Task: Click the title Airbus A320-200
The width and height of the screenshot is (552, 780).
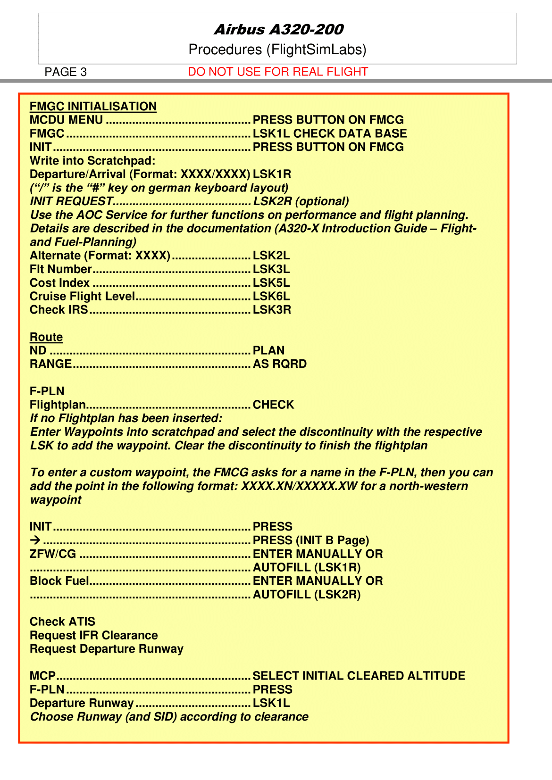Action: tap(278, 30)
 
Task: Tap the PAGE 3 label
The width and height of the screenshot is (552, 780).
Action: tap(66, 72)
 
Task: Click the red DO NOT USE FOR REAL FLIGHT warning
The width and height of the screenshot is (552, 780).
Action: tap(277, 72)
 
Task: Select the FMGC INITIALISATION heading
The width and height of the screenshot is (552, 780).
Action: tap(93, 107)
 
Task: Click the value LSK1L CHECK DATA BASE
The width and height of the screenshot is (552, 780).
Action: tap(329, 133)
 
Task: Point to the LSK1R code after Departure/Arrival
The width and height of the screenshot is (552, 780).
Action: tap(272, 174)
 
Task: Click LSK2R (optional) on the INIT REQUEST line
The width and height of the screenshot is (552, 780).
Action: tap(301, 201)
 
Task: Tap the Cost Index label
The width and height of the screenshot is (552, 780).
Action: tap(59, 283)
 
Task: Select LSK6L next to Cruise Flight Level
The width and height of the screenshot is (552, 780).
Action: tap(271, 297)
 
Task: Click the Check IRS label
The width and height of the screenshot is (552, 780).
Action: tap(59, 310)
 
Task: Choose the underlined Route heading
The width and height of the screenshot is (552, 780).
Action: tap(46, 337)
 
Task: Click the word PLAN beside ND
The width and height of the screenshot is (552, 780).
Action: tap(268, 350)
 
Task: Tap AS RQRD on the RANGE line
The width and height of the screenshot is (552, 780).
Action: tap(280, 364)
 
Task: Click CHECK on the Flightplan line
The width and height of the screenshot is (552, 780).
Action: tap(273, 405)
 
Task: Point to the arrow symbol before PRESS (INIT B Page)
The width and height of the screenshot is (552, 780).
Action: tap(35, 540)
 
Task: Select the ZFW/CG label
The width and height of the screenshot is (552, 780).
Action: tap(52, 554)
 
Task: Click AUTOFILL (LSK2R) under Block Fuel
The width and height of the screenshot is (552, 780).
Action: tap(307, 595)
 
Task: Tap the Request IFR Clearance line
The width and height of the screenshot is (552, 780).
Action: tap(93, 635)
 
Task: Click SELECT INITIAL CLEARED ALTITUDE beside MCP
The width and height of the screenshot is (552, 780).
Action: tap(359, 676)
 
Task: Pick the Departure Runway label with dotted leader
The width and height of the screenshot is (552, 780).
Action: tap(81, 703)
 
